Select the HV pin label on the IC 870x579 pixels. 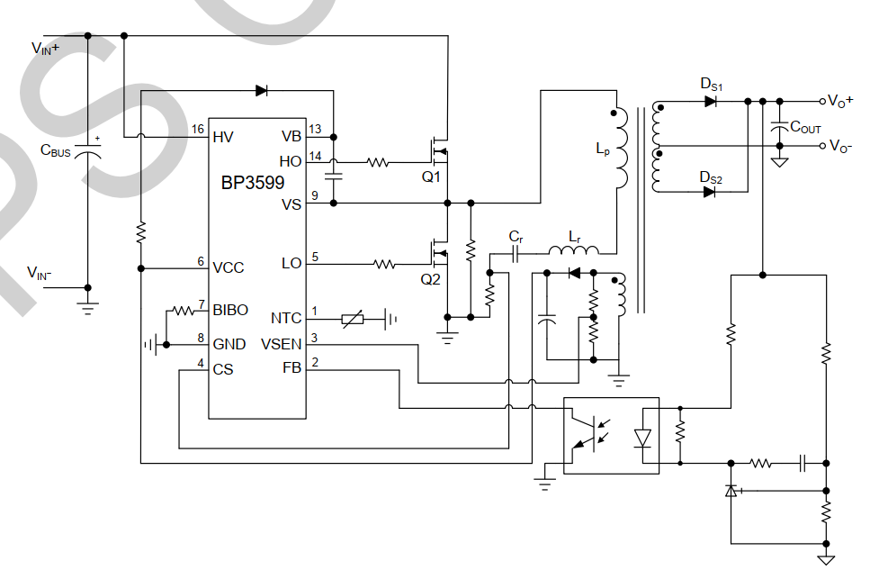pos(224,137)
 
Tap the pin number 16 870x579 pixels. pos(197,130)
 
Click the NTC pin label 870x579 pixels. pos(286,318)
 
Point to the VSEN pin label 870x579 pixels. pos(281,343)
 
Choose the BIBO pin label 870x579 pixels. pos(230,311)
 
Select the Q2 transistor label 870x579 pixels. pos(432,279)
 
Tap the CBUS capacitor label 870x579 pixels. pos(55,152)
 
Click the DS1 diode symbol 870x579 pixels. pos(711,102)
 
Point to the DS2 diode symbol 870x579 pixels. pos(711,193)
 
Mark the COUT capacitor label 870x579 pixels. pos(805,128)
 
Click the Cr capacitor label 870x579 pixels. pos(516,237)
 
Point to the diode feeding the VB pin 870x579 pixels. pos(262,90)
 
